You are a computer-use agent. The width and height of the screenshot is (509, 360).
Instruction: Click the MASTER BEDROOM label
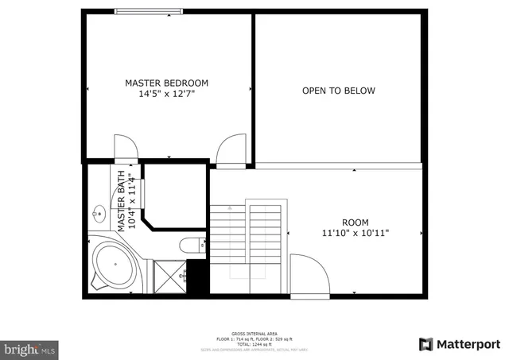[166, 83]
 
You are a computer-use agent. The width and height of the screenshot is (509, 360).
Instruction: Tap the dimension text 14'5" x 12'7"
[166, 94]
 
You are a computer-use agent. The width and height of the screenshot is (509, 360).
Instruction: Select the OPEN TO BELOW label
[338, 91]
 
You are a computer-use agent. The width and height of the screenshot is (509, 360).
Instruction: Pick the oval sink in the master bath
[99, 213]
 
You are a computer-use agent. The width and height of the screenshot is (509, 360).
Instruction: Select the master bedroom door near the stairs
[231, 150]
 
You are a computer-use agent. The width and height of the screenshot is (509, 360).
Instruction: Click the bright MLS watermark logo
[29, 348]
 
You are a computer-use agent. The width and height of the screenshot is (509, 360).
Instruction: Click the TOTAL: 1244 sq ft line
[254, 344]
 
